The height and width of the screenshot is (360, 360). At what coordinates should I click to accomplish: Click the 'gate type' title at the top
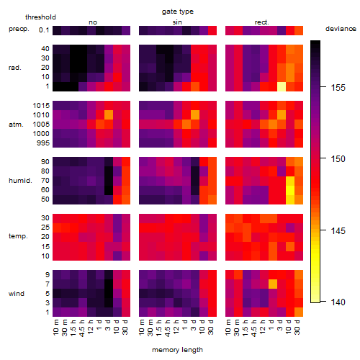click(x=178, y=12)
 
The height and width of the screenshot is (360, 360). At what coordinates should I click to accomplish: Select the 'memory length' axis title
click(x=177, y=350)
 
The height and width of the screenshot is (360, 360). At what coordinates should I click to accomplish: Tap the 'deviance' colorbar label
click(x=341, y=29)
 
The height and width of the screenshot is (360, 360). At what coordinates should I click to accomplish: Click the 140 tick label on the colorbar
click(x=338, y=302)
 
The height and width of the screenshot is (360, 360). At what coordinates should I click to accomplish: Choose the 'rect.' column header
click(x=262, y=22)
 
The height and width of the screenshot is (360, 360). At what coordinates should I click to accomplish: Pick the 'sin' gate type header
click(x=177, y=22)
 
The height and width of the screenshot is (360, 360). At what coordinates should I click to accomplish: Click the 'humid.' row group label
click(x=20, y=181)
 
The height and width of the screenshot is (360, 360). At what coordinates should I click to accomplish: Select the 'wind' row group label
click(x=17, y=294)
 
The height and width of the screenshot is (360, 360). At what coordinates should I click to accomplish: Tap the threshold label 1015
click(x=41, y=106)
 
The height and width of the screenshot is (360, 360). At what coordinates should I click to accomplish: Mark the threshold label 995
click(x=43, y=143)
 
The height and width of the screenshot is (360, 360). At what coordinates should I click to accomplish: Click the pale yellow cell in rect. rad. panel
click(x=282, y=86)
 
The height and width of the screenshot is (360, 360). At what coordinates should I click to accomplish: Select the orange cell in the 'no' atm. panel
click(x=109, y=114)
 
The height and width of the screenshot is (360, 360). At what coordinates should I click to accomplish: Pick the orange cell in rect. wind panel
click(x=273, y=284)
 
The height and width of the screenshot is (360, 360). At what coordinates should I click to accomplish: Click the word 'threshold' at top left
click(x=40, y=17)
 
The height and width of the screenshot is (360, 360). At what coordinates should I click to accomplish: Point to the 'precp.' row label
click(x=19, y=29)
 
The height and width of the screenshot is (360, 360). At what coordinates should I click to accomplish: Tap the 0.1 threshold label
click(x=44, y=30)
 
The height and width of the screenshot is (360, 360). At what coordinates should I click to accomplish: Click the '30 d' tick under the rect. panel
click(x=297, y=327)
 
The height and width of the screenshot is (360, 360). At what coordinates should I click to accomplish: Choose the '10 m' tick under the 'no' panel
click(x=55, y=327)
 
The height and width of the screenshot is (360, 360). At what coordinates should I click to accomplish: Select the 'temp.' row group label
click(x=18, y=236)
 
